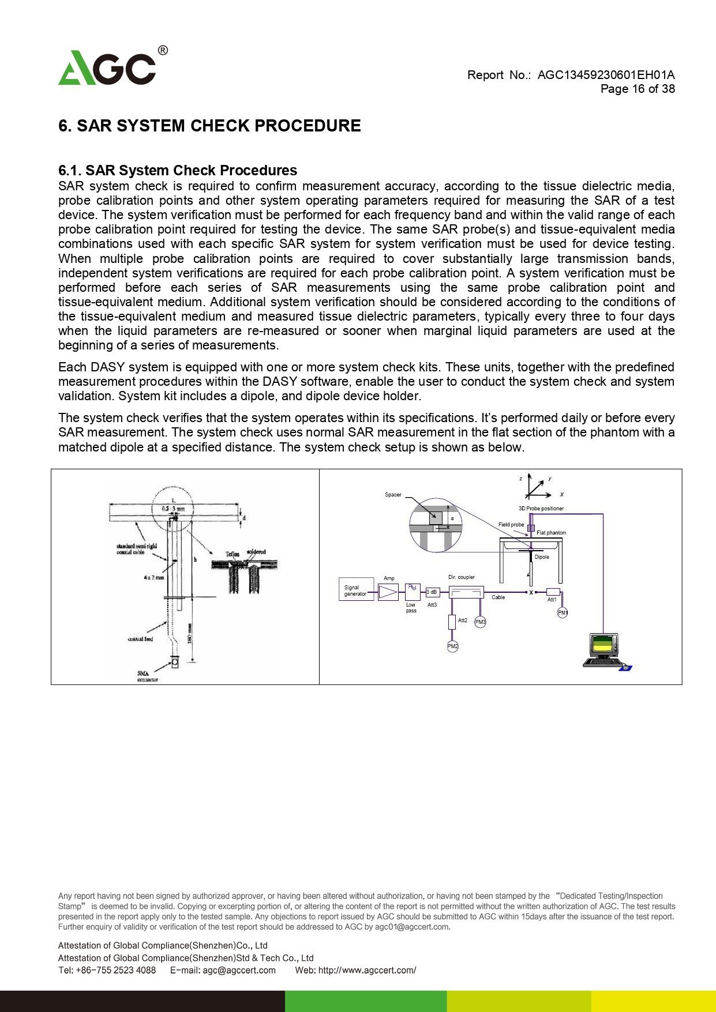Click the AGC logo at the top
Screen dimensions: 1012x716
108,67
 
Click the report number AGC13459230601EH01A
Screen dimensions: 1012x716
606,75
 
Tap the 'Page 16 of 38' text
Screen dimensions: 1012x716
637,89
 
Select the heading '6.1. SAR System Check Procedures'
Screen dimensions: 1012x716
178,171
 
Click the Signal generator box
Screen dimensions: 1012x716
356,590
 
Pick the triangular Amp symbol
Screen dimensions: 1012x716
388,592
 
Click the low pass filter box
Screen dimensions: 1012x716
413,592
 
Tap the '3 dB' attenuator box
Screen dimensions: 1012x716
432,592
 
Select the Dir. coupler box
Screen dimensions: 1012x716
466,592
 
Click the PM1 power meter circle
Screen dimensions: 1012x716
563,613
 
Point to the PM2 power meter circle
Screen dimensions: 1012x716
452,647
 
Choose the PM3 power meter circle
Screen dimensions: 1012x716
480,622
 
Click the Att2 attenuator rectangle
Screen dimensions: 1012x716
452,622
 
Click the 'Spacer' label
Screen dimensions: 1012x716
393,495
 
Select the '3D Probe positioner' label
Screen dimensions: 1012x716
541,509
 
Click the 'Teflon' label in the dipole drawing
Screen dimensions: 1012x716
233,554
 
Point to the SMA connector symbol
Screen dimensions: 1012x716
175,663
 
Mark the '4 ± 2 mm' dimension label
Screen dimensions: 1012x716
154,577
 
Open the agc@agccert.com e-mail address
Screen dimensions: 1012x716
239,970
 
